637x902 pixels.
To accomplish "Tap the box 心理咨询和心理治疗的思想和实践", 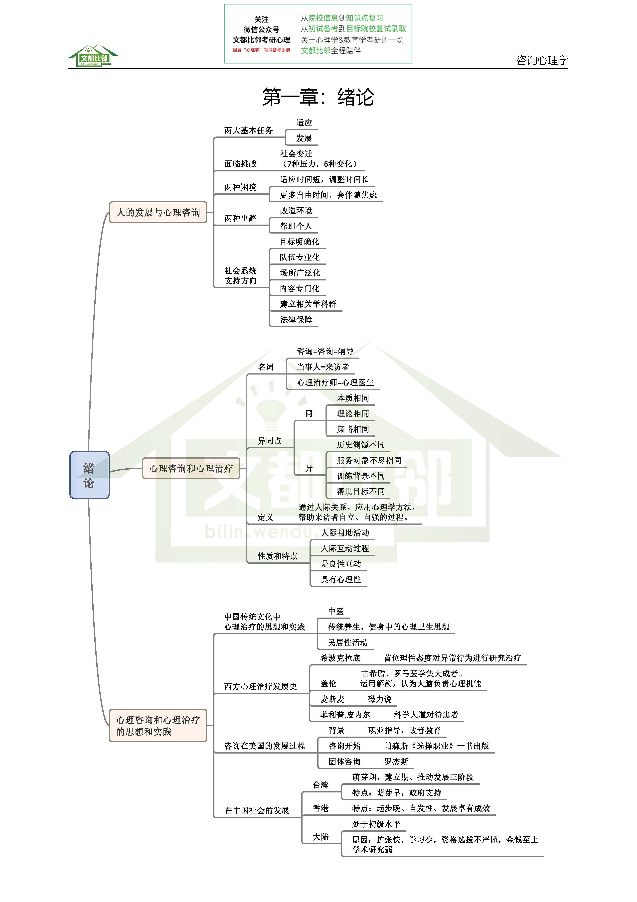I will [x=158, y=726].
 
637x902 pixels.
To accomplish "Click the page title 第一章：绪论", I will [x=318, y=97].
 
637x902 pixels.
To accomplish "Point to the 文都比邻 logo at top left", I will [x=94, y=56].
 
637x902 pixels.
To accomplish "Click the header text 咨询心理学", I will [x=542, y=60].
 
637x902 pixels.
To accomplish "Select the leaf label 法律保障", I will [x=296, y=319].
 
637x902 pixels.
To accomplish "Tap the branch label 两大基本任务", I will [x=248, y=130].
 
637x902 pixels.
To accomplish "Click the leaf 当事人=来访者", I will [x=323, y=367].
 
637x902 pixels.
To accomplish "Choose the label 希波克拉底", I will [x=340, y=658].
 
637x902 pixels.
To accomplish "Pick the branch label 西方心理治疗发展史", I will [x=260, y=686].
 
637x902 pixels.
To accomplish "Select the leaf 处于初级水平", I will [x=376, y=824].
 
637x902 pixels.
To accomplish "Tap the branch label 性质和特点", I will [x=277, y=556].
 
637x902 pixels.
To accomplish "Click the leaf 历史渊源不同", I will [x=360, y=445].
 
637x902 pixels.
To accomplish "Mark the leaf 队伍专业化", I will [x=300, y=257].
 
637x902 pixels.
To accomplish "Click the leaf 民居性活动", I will [x=348, y=642].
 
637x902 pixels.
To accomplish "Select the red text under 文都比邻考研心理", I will [x=261, y=50].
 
